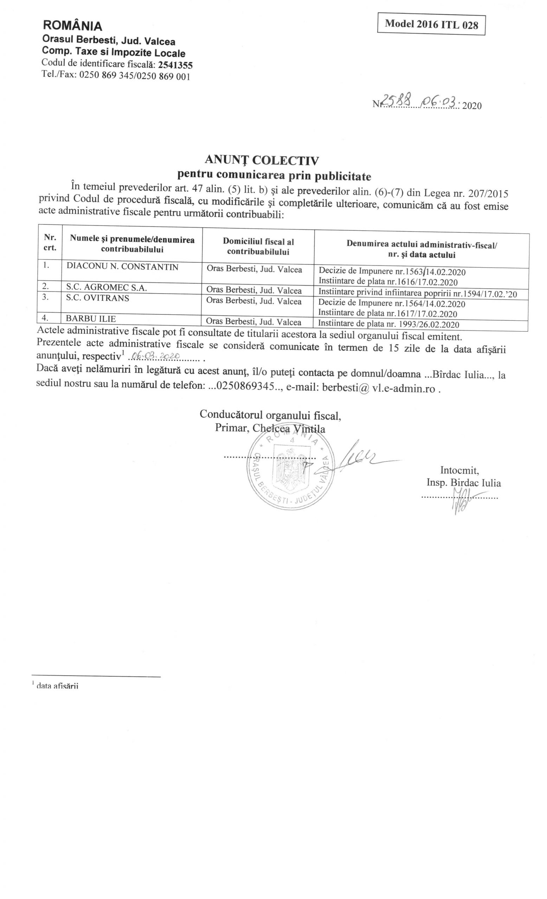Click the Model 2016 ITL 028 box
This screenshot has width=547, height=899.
[431, 25]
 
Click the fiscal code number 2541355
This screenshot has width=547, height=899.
[175, 65]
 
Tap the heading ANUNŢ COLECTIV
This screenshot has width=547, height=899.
[262, 160]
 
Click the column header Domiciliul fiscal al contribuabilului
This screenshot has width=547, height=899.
[258, 246]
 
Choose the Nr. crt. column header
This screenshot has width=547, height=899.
[50, 243]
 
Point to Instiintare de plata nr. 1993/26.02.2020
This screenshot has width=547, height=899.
[388, 324]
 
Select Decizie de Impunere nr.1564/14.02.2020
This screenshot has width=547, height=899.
[392, 303]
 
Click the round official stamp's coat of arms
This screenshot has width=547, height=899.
[291, 468]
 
